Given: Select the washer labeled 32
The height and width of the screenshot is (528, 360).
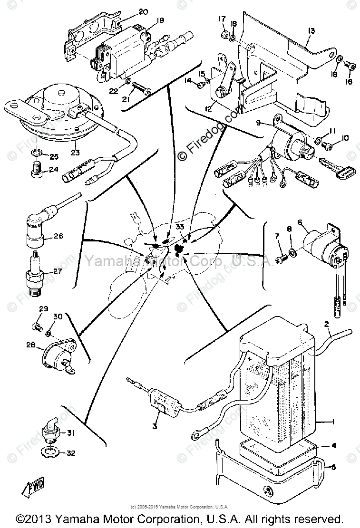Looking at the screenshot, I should click(50, 450).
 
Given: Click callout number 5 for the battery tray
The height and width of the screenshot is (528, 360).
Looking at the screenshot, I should click(333, 467).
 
